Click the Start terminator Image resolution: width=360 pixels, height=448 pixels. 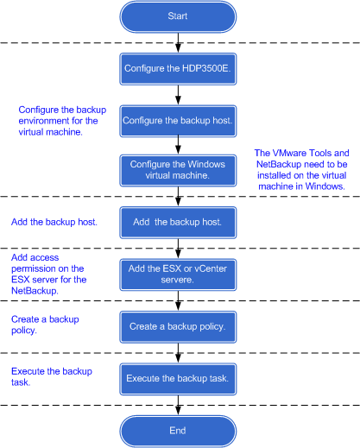point(178,16)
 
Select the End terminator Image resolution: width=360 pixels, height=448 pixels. point(178,431)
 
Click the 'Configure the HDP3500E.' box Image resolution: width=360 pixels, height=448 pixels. point(178,69)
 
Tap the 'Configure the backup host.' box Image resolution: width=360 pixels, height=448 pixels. point(178,121)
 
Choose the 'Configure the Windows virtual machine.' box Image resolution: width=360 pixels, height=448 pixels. point(178,170)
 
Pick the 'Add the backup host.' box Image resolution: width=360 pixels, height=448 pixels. point(178,223)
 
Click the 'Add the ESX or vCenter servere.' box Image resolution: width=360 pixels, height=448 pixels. point(178,274)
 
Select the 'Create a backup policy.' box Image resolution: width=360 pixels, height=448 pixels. point(178,327)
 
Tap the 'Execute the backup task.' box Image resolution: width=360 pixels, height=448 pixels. point(178,379)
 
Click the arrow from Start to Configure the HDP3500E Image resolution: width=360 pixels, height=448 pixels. point(178,43)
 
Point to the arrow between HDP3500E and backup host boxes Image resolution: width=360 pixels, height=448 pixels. point(178,95)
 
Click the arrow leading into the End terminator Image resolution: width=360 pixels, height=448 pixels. point(178,405)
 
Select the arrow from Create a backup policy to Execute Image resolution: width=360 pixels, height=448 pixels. point(178,353)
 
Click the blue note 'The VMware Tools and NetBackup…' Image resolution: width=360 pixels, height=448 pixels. point(301,169)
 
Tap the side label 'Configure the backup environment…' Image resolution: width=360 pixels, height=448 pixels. point(62,121)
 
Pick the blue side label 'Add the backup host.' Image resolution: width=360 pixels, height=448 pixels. point(54,222)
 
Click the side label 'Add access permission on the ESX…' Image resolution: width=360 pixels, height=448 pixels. point(49,274)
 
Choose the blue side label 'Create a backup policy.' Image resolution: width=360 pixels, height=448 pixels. point(45,325)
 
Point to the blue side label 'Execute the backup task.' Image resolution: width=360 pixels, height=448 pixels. point(52,377)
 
